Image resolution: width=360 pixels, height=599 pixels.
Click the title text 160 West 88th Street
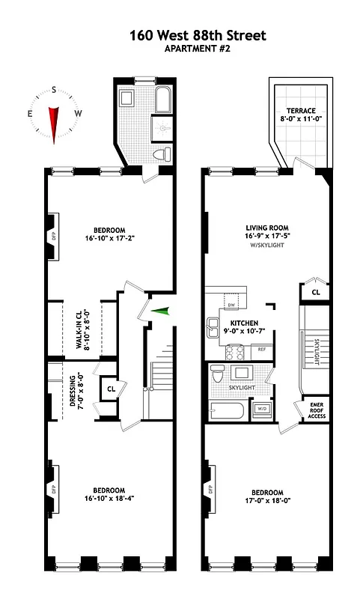pyautogui.click(x=187, y=35)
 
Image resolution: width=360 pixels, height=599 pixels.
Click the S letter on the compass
pyautogui.click(x=54, y=88)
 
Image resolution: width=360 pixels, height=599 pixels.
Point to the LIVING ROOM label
pyautogui.click(x=267, y=228)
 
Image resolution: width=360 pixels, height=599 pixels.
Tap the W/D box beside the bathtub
pyautogui.click(x=262, y=409)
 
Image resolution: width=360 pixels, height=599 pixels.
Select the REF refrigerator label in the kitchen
pyautogui.click(x=262, y=349)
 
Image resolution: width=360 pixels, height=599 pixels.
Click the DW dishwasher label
pyautogui.click(x=231, y=305)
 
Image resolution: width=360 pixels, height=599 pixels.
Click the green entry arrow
pyautogui.click(x=159, y=311)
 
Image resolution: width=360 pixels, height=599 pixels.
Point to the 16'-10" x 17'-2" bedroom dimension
pyautogui.click(x=109, y=240)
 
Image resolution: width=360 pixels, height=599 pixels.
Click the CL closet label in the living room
pyautogui.click(x=315, y=292)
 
